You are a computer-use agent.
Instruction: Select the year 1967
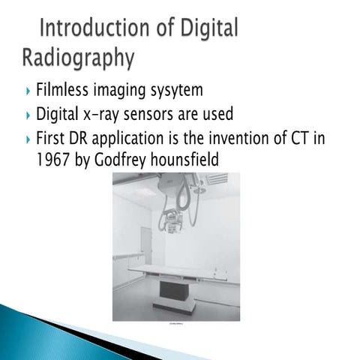tap(53, 160)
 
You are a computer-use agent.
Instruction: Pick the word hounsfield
tap(190, 160)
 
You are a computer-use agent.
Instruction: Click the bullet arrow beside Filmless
tap(28, 91)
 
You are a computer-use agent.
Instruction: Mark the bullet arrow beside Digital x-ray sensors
tap(28, 115)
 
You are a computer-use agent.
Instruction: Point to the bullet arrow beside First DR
tap(28, 139)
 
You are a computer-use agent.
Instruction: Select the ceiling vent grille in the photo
tap(217, 179)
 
